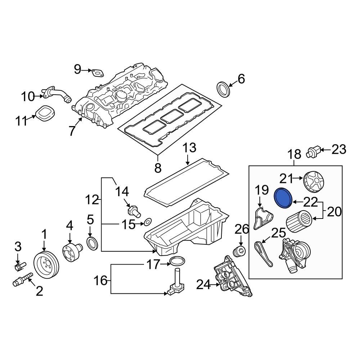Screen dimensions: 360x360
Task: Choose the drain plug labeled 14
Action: click(134, 210)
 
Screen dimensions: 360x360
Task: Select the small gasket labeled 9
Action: click(96, 73)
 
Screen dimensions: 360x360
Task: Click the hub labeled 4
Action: click(70, 251)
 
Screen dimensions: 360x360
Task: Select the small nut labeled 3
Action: click(19, 266)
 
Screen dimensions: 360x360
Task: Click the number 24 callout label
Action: click(204, 285)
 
